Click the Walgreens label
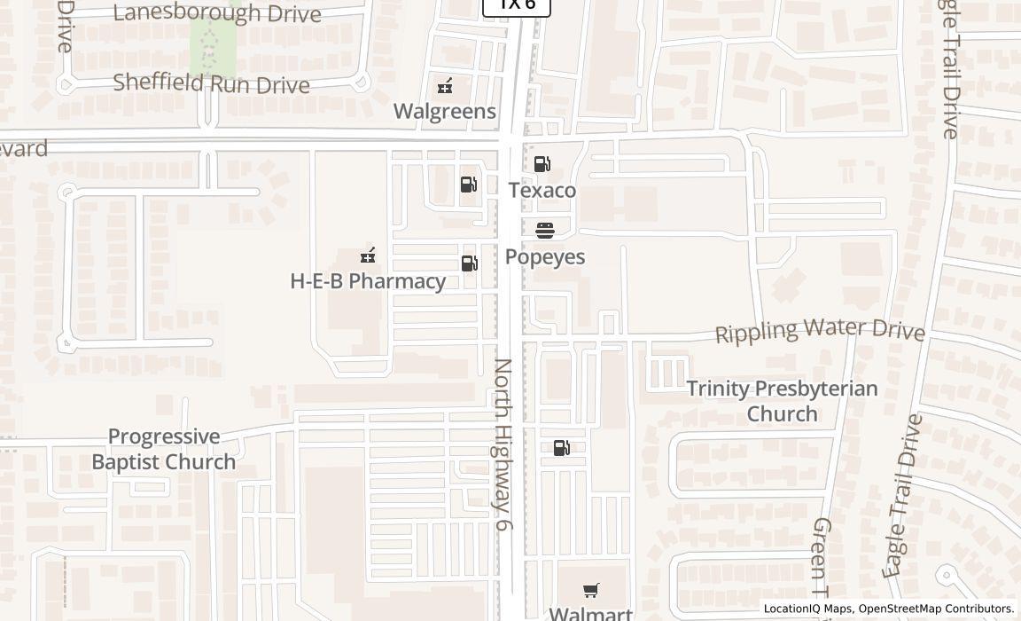[x=444, y=111]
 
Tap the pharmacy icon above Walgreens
[x=445, y=86]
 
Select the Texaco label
[x=542, y=190]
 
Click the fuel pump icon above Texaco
[x=542, y=163]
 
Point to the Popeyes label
[x=545, y=256]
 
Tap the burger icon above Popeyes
[x=545, y=231]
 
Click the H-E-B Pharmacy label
[x=368, y=281]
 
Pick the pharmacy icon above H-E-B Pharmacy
[x=368, y=256]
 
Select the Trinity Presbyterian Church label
[x=782, y=401]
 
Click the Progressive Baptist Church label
[x=164, y=449]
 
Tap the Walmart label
[x=590, y=613]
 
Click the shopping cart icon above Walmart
[x=591, y=590]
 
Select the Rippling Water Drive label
[x=820, y=330]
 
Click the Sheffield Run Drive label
[x=211, y=83]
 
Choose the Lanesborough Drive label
[x=217, y=13]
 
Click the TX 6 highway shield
[x=517, y=5]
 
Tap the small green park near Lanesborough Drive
[x=213, y=45]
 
